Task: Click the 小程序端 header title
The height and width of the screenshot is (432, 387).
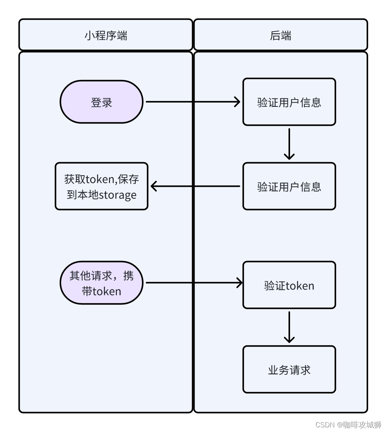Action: coord(106,36)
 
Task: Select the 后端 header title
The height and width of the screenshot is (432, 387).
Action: coord(280,36)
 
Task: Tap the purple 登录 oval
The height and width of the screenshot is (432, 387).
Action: coord(102,102)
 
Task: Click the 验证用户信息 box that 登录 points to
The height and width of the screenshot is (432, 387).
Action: coord(289,102)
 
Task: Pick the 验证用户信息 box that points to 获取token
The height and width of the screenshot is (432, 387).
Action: coord(289,186)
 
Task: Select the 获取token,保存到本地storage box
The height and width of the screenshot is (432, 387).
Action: coord(102,186)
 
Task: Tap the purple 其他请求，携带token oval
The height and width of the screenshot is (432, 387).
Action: coord(102,283)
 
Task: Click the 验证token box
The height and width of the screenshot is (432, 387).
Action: coord(289,285)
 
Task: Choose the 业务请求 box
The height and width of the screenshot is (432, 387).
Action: coord(289,369)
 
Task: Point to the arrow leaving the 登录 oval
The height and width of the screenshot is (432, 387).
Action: coord(192,102)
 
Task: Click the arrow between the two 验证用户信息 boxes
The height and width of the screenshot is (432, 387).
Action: coord(289,144)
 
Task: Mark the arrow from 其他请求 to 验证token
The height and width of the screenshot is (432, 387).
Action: coord(194,283)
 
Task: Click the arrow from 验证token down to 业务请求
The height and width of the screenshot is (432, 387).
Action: coord(289,327)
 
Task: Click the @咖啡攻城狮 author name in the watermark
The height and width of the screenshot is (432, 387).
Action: coord(359,424)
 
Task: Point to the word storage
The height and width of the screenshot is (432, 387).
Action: coord(118,195)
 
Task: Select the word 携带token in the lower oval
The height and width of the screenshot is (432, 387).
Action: coord(102,291)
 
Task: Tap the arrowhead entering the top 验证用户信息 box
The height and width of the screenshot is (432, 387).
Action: coord(237,102)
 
